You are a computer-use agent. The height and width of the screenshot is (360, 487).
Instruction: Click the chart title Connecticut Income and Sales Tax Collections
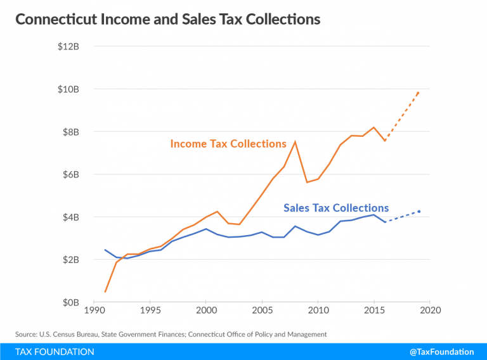point(167,20)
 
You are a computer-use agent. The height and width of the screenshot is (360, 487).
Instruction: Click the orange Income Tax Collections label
point(228,144)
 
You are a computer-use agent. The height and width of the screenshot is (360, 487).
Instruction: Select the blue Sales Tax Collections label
point(336,208)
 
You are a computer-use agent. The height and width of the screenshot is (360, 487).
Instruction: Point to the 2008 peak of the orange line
point(295,141)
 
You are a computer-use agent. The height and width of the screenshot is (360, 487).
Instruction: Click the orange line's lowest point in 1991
point(105,292)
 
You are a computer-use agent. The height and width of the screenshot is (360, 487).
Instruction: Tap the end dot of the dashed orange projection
point(419,93)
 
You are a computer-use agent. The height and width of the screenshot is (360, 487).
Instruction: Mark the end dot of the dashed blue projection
point(419,212)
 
